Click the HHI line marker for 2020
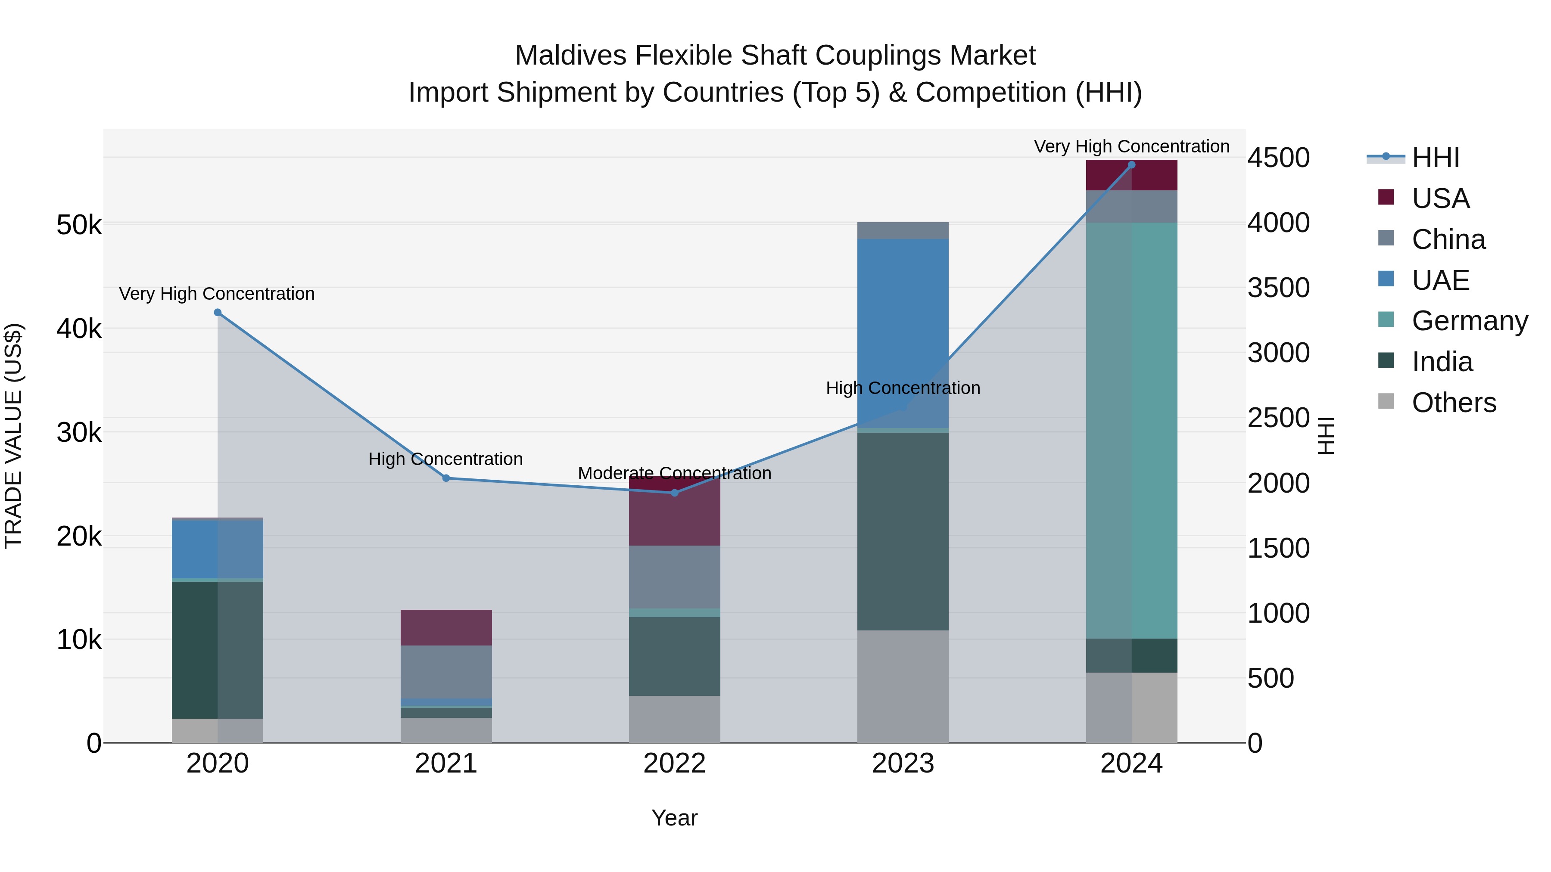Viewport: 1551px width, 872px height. [x=218, y=312]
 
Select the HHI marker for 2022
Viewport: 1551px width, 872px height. [x=674, y=493]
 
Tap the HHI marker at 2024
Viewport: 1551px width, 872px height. [x=1131, y=165]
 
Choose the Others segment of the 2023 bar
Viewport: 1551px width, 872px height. [x=903, y=686]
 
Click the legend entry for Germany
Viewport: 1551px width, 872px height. [x=1469, y=321]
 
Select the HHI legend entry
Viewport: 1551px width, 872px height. [x=1436, y=158]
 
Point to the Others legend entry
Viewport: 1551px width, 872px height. [x=1454, y=403]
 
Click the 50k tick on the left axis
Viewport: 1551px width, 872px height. [x=79, y=226]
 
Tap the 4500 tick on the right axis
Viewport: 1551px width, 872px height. [x=1278, y=158]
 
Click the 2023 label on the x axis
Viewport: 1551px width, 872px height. [x=903, y=763]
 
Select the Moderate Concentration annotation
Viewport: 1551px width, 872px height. [x=674, y=473]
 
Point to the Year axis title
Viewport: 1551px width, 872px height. [x=674, y=818]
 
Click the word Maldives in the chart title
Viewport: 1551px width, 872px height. [x=571, y=56]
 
